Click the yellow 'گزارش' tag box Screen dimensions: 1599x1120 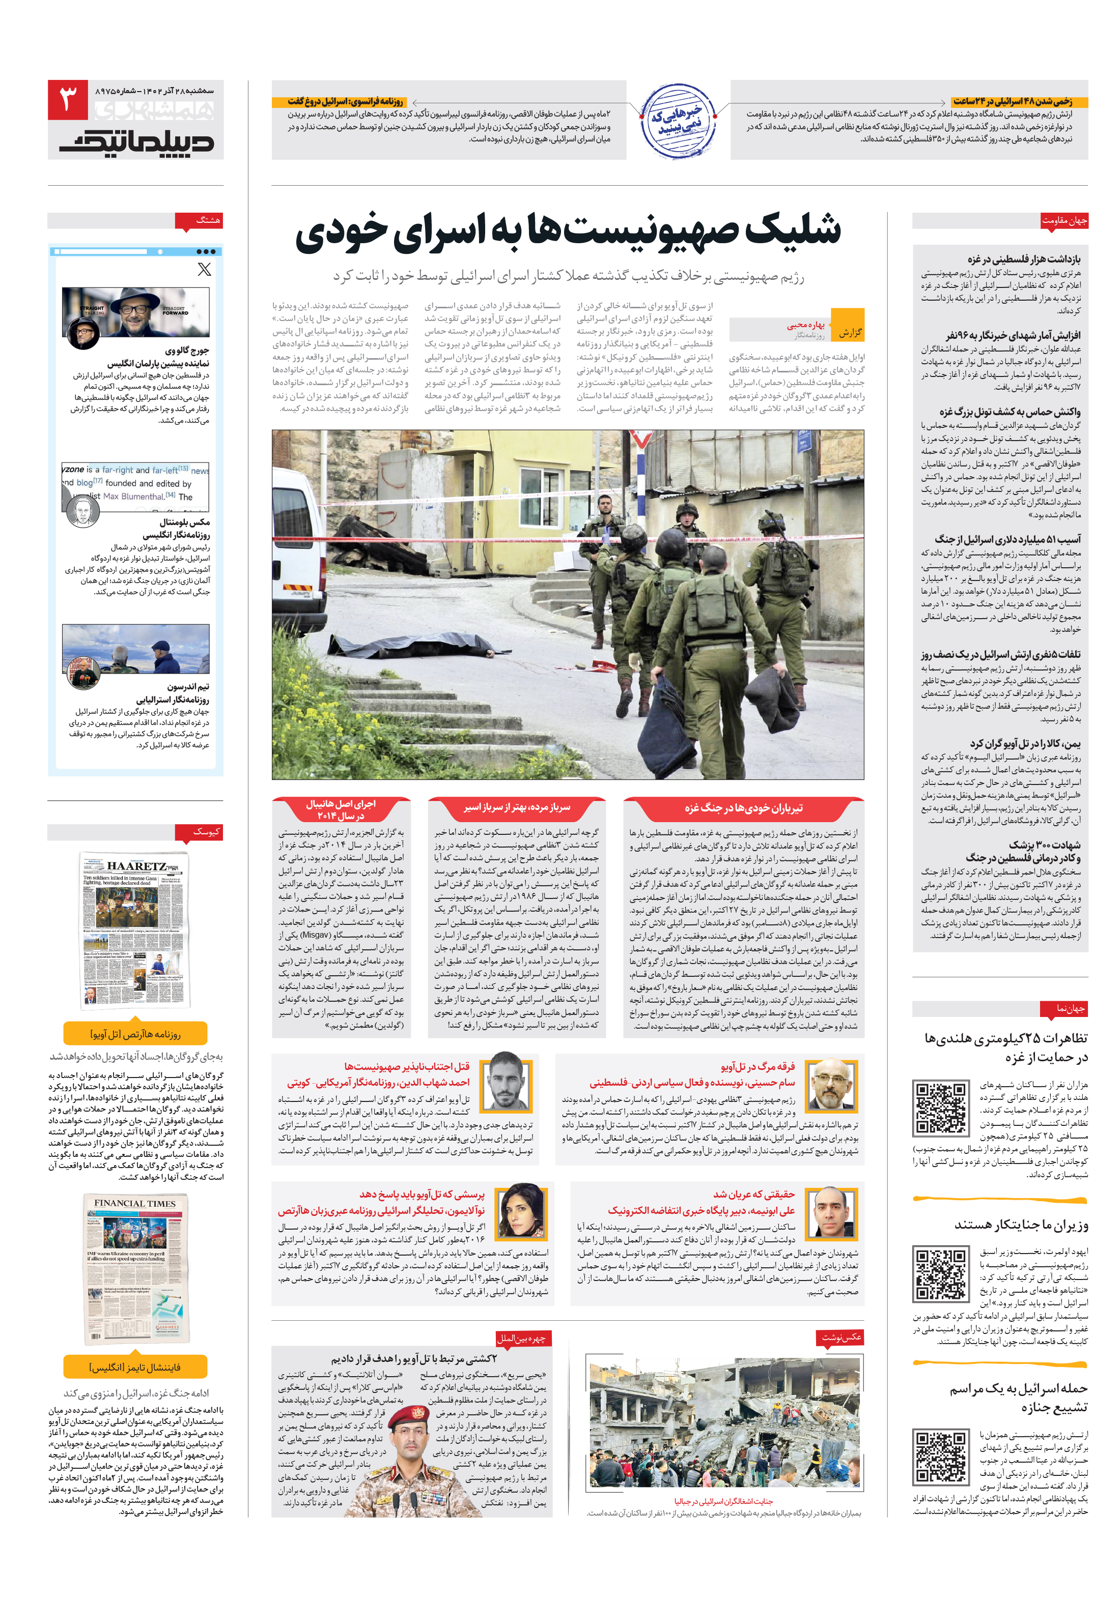coord(848,325)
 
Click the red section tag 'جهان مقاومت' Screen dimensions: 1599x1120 coord(1063,221)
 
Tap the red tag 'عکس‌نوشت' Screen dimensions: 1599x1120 coord(840,1337)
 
